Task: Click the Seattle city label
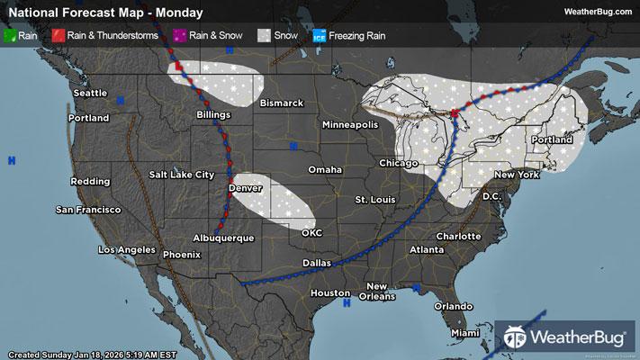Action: pyautogui.click(x=90, y=93)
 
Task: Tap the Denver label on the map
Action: pyautogui.click(x=246, y=188)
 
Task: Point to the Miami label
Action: pyautogui.click(x=465, y=333)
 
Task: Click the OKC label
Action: pyautogui.click(x=312, y=232)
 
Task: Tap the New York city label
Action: pyautogui.click(x=516, y=174)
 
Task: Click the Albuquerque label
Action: pyautogui.click(x=223, y=238)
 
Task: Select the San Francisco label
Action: pyautogui.click(x=88, y=210)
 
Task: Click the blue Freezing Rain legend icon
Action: pyautogui.click(x=320, y=36)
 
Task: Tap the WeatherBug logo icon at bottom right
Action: pyautogui.click(x=515, y=338)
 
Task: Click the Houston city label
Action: pyautogui.click(x=329, y=293)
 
